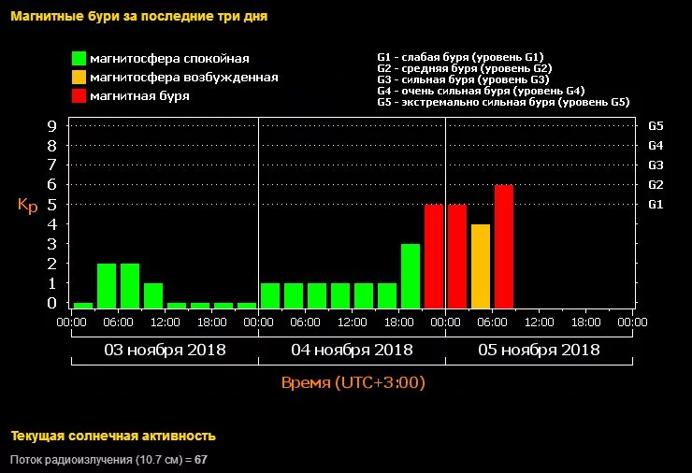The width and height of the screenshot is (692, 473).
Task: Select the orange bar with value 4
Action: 481,266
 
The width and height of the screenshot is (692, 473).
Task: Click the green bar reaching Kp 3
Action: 411,276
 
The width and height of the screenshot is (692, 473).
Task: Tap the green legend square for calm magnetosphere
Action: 79,59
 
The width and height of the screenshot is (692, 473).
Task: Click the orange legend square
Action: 79,78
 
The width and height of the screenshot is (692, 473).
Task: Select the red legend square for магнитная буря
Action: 79,95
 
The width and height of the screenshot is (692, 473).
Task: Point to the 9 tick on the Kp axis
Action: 52,125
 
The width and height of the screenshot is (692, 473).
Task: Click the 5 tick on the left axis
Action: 52,204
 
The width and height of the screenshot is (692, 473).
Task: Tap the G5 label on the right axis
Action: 656,125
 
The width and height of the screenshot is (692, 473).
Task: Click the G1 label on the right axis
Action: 656,204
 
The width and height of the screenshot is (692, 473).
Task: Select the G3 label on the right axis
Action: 656,165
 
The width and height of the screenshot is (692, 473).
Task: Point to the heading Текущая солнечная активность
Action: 113,436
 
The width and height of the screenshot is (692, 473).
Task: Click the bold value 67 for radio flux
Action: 201,460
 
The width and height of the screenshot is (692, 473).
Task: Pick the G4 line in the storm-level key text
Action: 481,91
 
